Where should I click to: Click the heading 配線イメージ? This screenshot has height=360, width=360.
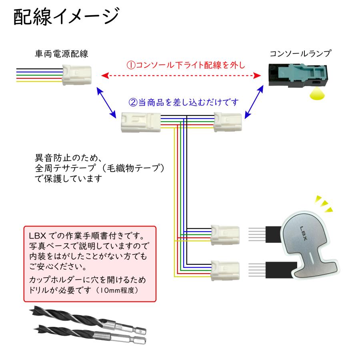pyautogui.click(x=66, y=18)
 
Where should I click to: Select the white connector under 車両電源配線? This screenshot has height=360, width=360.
pyautogui.click(x=76, y=75)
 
